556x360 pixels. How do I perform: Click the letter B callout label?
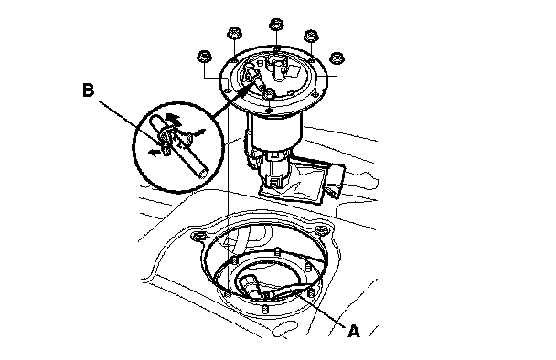[89, 90]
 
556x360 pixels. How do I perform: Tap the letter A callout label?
[354, 332]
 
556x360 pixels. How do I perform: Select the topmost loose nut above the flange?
[276, 25]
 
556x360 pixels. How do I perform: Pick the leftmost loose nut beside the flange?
[204, 57]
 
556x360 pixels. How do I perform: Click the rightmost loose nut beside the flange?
[337, 58]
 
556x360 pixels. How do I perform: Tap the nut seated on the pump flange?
[269, 94]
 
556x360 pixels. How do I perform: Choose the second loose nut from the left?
[234, 35]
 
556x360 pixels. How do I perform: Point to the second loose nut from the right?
[311, 37]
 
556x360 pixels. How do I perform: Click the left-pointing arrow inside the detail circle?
[154, 152]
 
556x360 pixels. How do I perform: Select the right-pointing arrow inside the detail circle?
[200, 132]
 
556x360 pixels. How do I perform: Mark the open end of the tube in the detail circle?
[202, 174]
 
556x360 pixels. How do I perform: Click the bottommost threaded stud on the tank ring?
[264, 310]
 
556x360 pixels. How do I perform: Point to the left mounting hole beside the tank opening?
[198, 235]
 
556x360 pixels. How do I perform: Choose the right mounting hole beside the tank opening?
[322, 230]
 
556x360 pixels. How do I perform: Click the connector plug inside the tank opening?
[248, 284]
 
